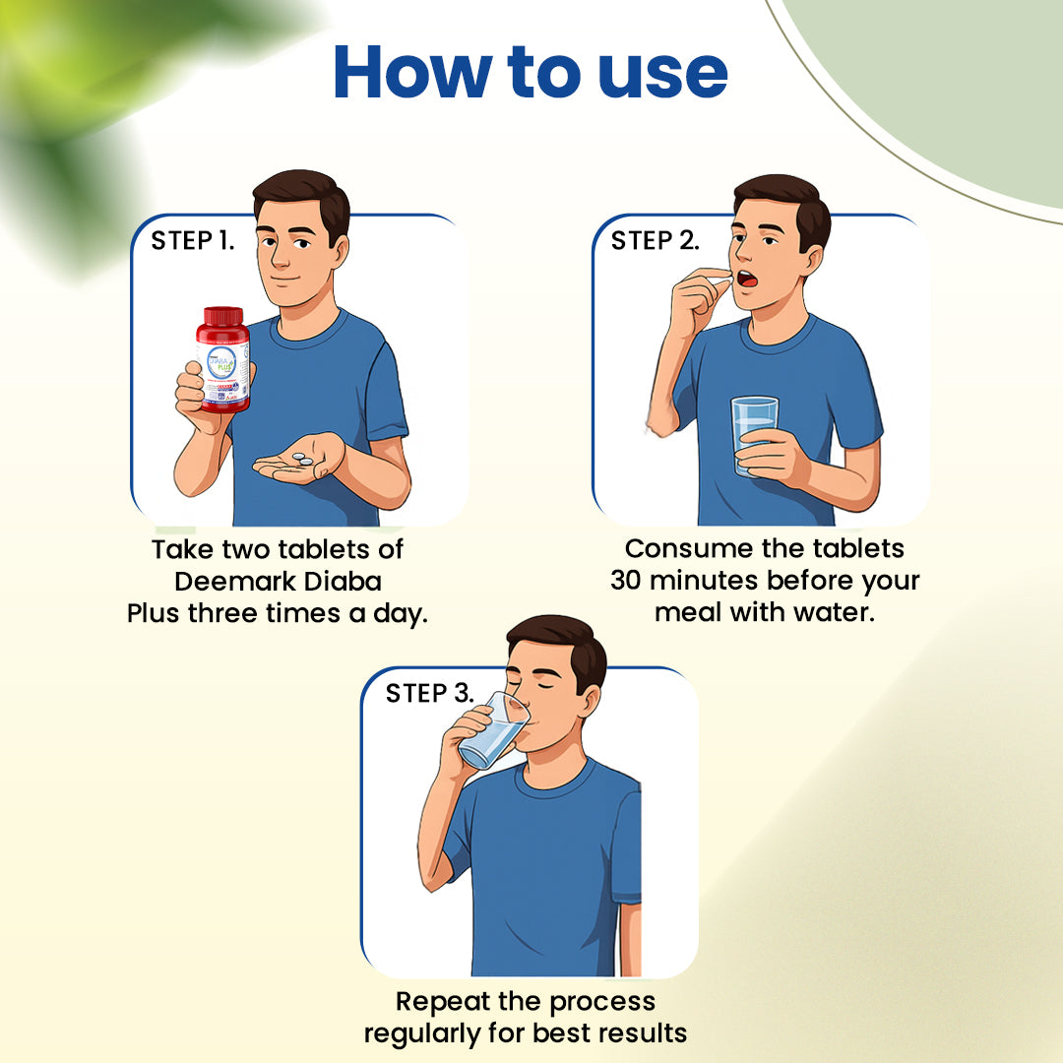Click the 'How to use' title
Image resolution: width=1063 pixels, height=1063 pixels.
531,72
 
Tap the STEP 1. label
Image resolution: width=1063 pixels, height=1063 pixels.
193,241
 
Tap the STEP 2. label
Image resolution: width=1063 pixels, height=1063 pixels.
655,241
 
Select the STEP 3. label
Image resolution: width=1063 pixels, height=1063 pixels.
429,693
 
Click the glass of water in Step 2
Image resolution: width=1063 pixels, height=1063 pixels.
754,433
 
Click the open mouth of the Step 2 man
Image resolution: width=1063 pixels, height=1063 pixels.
748,280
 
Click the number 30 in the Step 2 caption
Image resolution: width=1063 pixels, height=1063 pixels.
626,581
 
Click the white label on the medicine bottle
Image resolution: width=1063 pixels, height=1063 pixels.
222,369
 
